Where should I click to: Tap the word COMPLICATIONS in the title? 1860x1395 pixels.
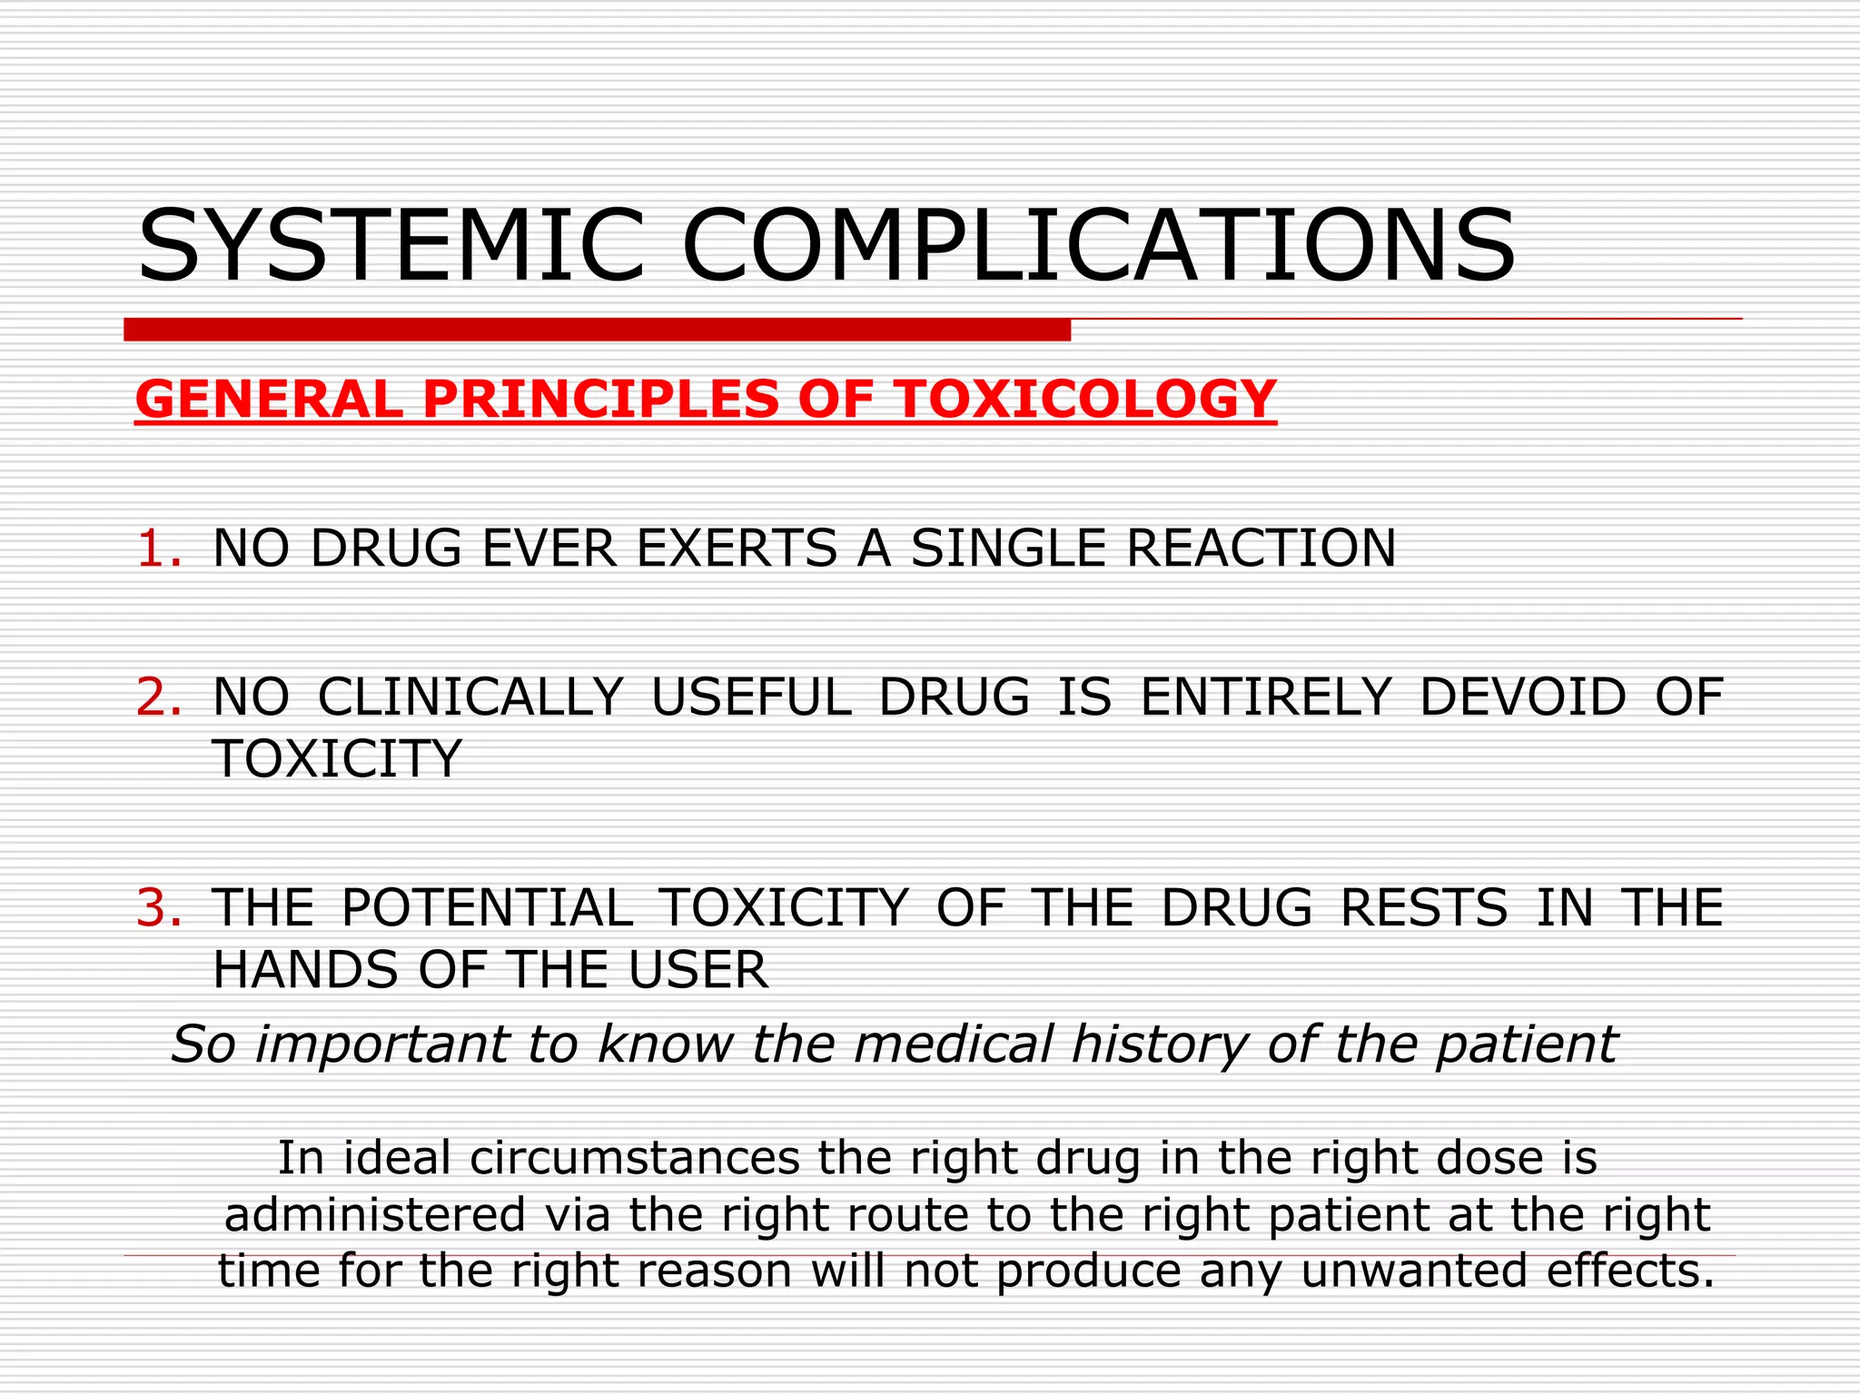coord(1098,246)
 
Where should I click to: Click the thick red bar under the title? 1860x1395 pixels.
coord(597,330)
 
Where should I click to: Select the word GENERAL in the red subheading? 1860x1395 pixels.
coord(269,400)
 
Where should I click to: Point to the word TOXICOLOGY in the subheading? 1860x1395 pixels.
coord(1085,400)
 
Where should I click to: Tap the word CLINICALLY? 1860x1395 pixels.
coord(470,697)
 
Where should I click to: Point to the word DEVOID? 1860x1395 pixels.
coord(1522,697)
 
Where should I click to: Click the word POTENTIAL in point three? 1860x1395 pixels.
coord(487,908)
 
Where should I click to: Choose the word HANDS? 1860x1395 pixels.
coord(304,970)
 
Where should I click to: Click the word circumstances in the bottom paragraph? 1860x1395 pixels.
coord(635,1158)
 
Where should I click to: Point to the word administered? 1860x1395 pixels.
coord(375,1215)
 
